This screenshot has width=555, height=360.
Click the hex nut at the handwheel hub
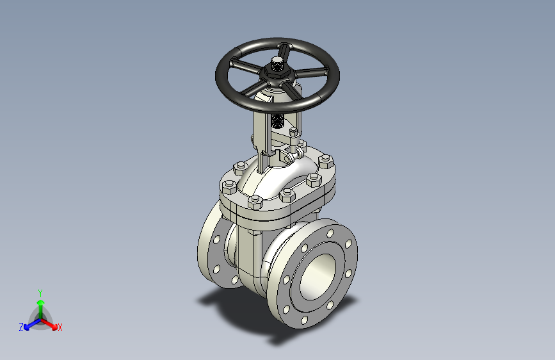click(x=277, y=72)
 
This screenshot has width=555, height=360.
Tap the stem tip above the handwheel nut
click(x=277, y=64)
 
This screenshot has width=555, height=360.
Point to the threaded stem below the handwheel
click(x=278, y=120)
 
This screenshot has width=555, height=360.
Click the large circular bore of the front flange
click(x=318, y=277)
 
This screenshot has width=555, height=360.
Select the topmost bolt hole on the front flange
click(x=330, y=233)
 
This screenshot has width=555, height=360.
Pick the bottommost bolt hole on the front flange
click(x=304, y=320)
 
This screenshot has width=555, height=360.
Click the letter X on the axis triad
click(x=60, y=328)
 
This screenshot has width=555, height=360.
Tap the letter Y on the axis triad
click(x=40, y=293)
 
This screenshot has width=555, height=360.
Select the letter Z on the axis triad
click(x=21, y=327)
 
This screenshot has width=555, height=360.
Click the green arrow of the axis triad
click(x=41, y=309)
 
